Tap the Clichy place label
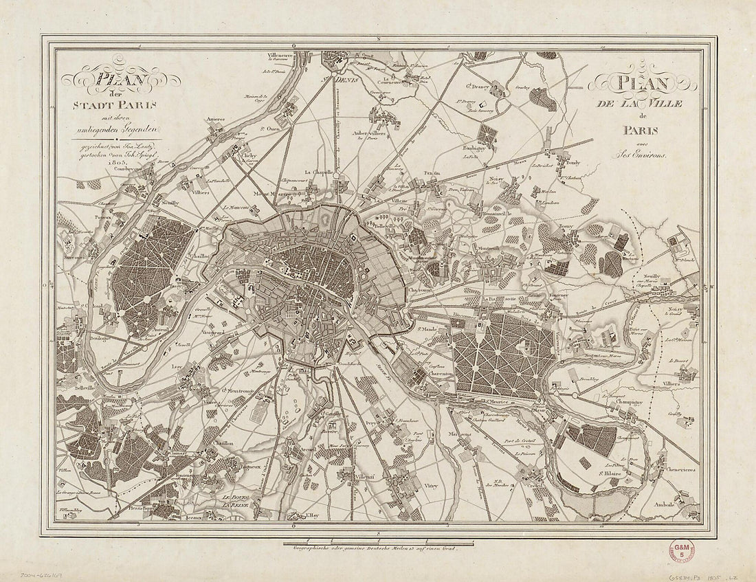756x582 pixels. [247, 156]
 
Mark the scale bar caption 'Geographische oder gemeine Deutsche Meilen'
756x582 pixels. [374, 548]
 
